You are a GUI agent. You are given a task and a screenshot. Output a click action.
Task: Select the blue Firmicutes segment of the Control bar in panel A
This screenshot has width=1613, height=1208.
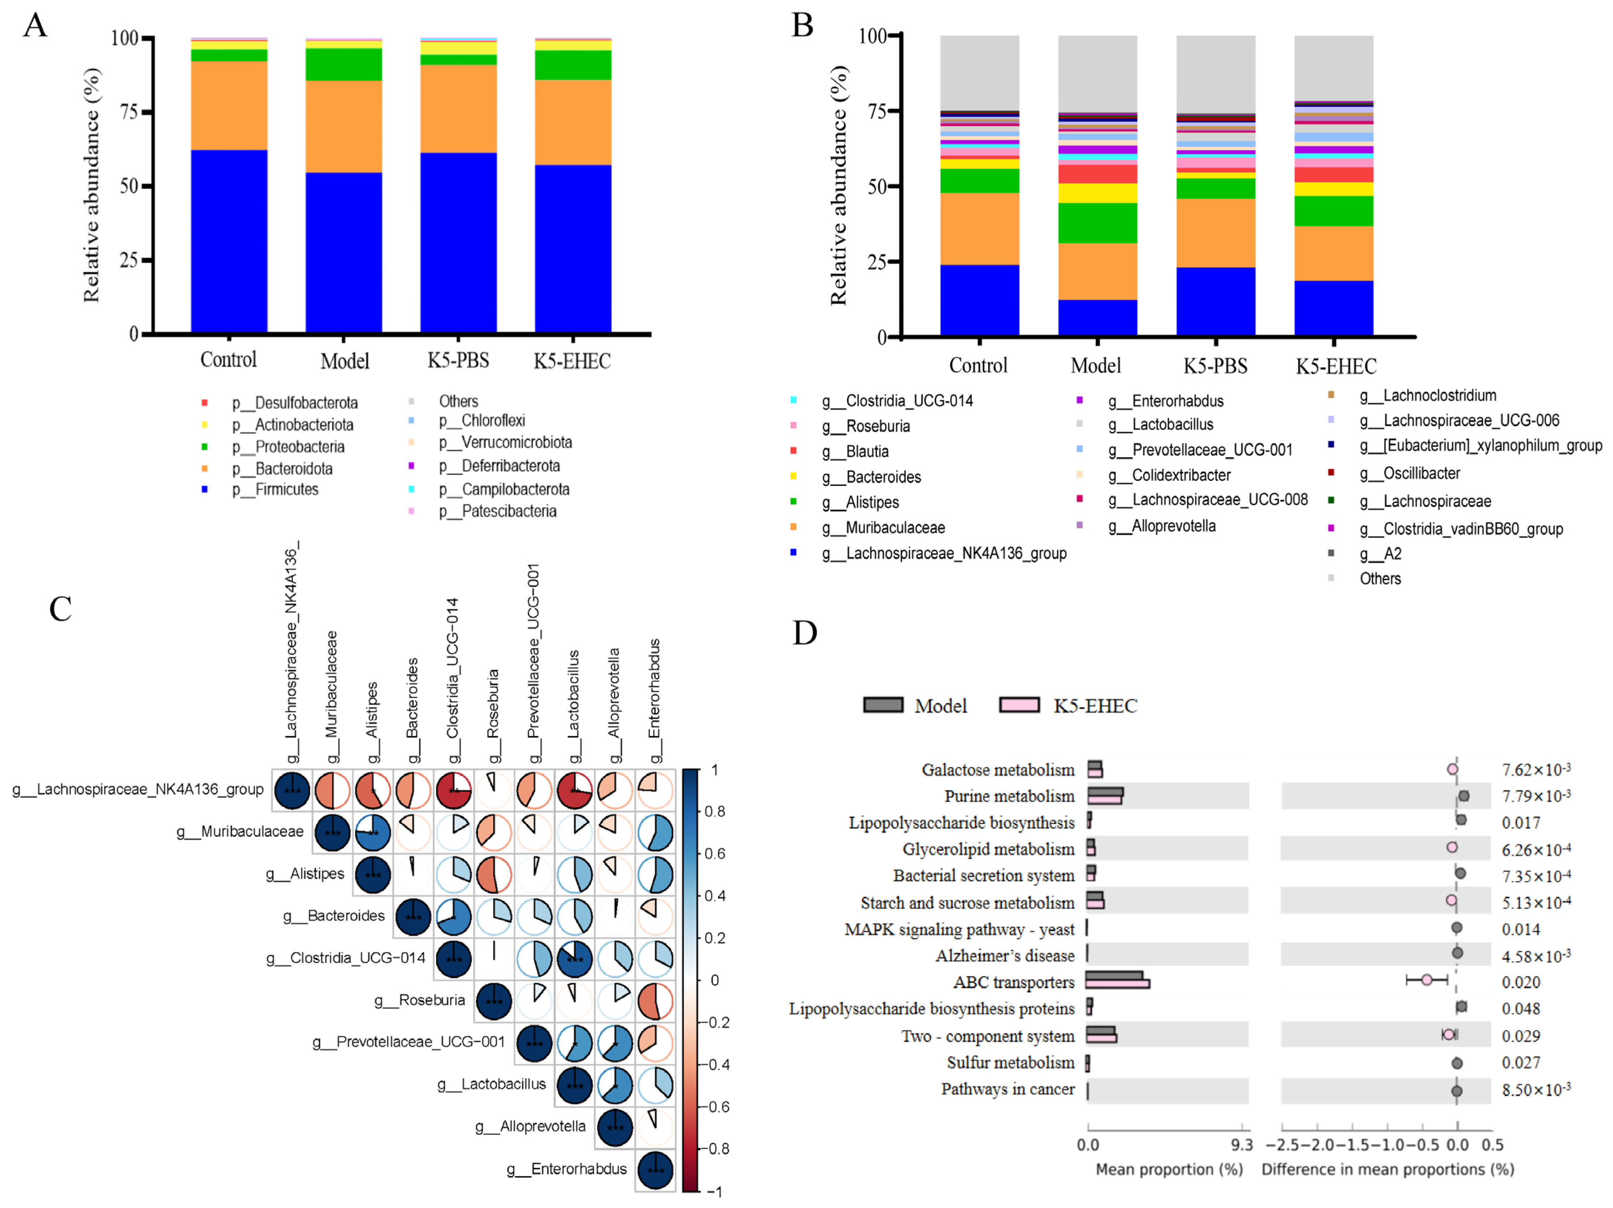point(229,240)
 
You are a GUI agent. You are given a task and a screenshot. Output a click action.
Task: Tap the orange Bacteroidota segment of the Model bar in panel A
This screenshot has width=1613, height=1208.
point(344,126)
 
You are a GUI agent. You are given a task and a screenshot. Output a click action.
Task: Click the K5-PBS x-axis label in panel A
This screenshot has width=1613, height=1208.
point(458,360)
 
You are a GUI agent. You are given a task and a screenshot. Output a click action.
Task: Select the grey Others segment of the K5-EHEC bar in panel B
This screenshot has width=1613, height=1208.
point(1333,67)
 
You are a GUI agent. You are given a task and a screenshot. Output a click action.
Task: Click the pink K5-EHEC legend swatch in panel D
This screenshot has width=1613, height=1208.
point(1019,705)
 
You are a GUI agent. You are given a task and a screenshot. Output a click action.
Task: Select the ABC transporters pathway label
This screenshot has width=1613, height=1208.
point(1014,982)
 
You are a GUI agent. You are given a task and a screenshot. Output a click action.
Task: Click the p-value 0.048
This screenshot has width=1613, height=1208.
point(1520,1008)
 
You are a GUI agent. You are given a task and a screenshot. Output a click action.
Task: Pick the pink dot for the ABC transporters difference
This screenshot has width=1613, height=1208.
point(1426,979)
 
